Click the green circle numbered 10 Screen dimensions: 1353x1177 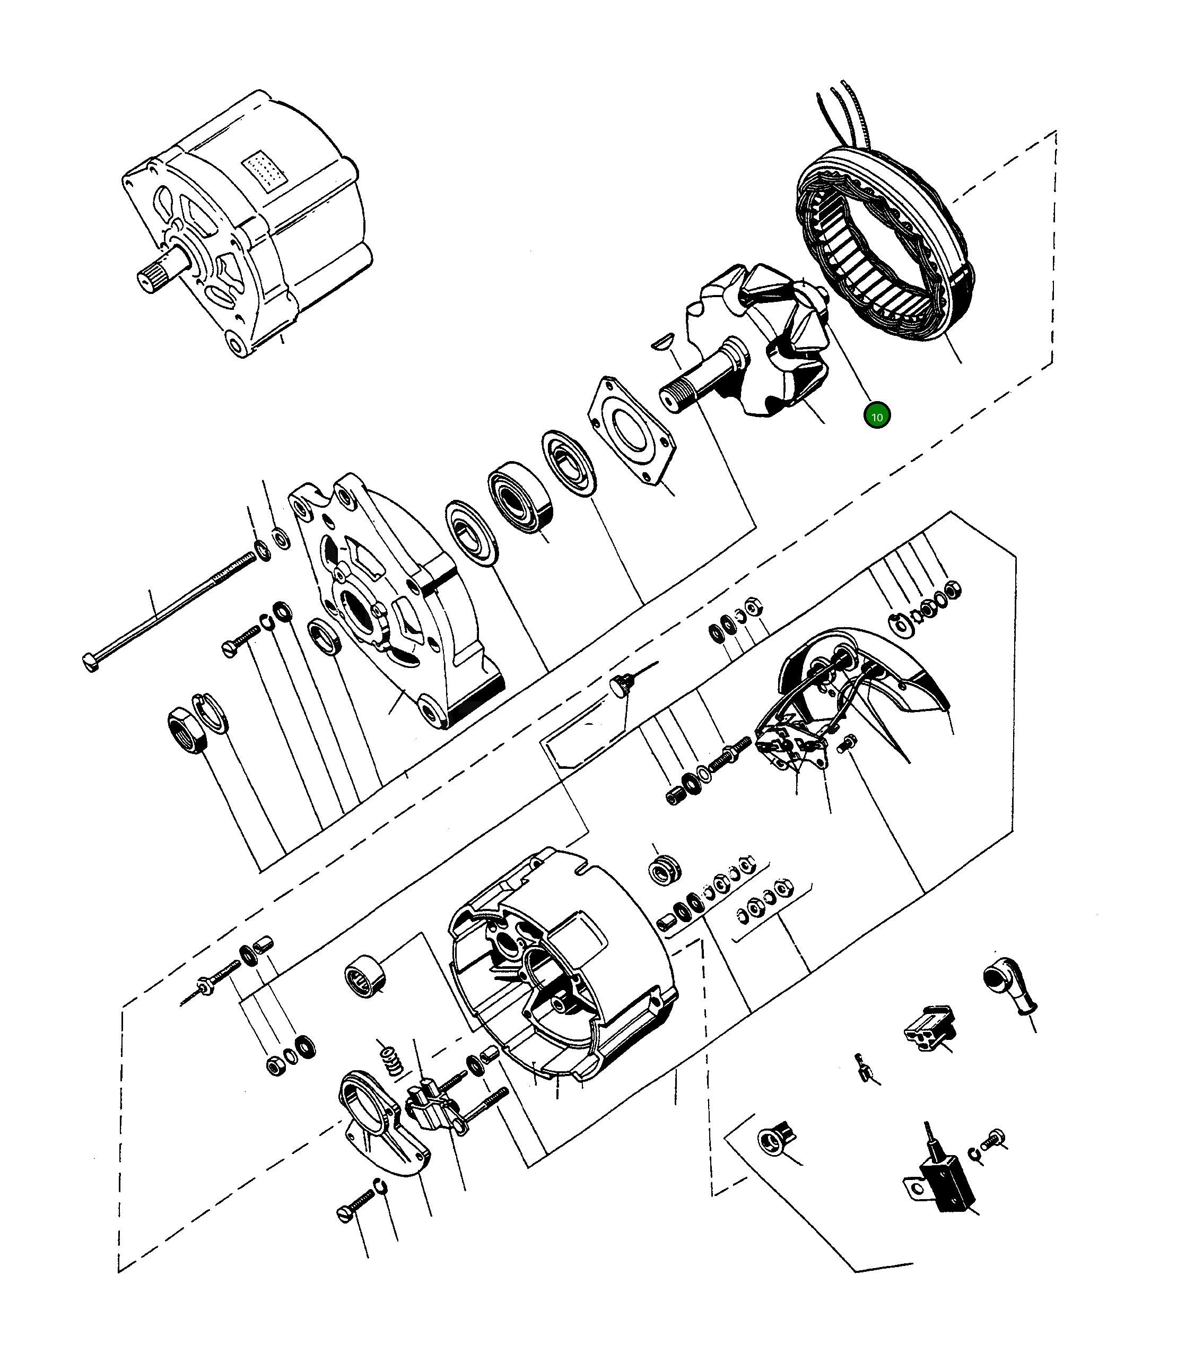[877, 416]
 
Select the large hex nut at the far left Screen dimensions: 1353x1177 [187, 731]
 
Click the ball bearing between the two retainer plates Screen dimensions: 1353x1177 [521, 496]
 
